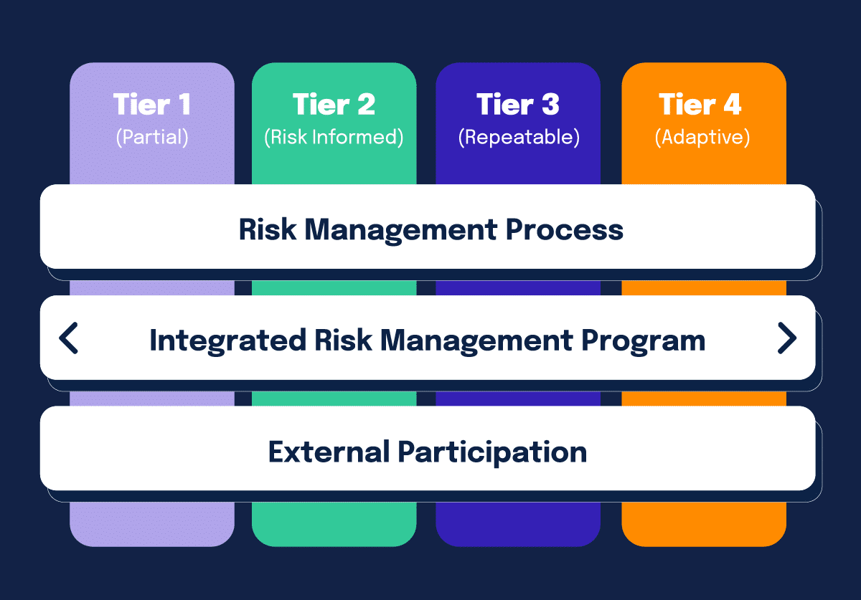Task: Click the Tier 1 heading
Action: pos(152,105)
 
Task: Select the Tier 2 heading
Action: pos(334,105)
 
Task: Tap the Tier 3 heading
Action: pos(518,105)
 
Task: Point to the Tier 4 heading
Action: pos(700,105)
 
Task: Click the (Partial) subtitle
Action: pos(152,137)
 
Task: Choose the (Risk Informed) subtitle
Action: pos(334,137)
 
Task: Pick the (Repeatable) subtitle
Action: pos(518,137)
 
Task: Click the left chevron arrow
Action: pos(69,338)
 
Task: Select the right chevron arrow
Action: pos(786,338)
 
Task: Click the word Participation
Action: pos(492,452)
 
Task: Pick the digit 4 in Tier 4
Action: pos(731,105)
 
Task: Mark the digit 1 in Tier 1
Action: pos(184,105)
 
